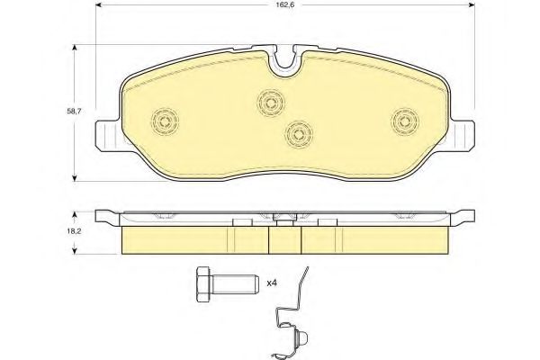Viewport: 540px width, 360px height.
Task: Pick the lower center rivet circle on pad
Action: click(298, 133)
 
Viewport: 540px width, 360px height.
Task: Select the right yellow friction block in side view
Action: click(378, 238)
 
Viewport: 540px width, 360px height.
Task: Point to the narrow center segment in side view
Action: click(286, 238)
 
